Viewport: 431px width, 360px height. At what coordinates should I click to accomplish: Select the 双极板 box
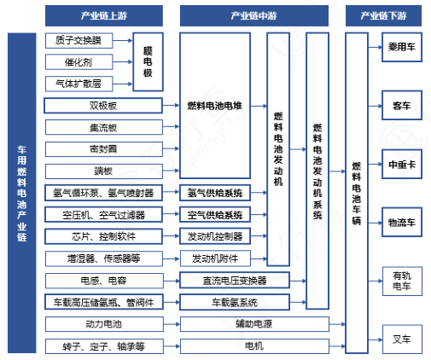coord(103,106)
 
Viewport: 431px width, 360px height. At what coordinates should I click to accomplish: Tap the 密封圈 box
coord(103,148)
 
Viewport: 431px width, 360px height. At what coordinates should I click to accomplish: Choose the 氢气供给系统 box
coord(215,192)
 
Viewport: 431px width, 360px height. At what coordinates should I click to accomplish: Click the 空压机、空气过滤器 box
coord(103,214)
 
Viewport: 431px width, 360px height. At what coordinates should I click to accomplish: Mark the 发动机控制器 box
coord(215,235)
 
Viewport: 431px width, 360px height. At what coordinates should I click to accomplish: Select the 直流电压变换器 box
coord(235,280)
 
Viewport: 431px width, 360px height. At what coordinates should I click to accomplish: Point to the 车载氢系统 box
coord(235,302)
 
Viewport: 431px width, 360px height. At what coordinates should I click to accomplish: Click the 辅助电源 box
coord(235,324)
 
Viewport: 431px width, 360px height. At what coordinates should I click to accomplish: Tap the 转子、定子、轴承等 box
coord(103,346)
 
